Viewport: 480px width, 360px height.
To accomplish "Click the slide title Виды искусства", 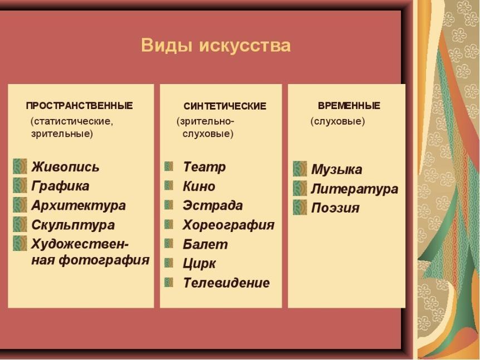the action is [216, 46].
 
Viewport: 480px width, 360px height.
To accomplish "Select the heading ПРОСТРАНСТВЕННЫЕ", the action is [79, 106].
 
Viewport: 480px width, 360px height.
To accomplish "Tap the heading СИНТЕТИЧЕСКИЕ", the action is [225, 106].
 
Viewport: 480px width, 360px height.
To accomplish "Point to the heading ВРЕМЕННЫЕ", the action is [349, 106].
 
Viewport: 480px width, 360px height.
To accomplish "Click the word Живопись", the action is [65, 167].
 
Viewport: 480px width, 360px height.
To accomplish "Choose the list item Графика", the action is [60, 186].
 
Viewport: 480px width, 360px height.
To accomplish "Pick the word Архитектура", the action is [79, 206].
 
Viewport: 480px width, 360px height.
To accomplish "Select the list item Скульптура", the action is [73, 225].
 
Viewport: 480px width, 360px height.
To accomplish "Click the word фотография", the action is [104, 260].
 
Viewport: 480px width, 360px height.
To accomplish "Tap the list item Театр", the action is [204, 167].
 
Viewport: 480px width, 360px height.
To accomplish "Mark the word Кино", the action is [199, 186].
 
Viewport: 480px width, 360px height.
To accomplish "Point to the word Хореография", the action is [228, 225].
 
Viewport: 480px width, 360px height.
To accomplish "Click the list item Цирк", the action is [199, 264].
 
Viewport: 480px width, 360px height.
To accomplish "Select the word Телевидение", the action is [226, 283].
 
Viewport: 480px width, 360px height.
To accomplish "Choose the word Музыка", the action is [336, 170].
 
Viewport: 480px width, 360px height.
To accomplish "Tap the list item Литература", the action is [355, 189].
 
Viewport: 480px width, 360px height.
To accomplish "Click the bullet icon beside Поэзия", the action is [300, 208].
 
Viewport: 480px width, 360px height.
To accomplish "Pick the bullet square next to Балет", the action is [169, 244].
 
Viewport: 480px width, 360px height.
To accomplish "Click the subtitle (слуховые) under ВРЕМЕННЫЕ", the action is [337, 121].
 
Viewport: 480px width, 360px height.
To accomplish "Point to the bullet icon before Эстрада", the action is [169, 205].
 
